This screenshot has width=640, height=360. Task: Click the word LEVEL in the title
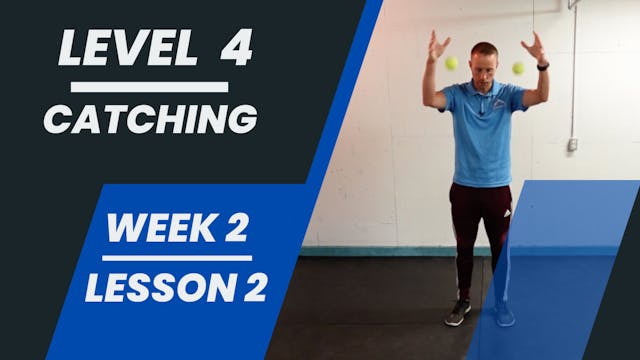click(x=112, y=49)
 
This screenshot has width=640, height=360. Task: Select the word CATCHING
click(x=150, y=119)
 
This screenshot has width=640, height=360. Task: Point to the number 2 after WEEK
click(x=236, y=230)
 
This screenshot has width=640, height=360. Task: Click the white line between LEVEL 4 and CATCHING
click(x=150, y=87)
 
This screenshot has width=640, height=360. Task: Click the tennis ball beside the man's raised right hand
click(x=452, y=63)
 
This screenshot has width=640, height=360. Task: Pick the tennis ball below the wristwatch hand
click(x=518, y=68)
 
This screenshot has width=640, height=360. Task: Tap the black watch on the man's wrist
click(x=541, y=67)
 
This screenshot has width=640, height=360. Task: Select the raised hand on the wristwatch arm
click(x=533, y=45)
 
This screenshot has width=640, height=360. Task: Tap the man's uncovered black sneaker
click(x=457, y=313)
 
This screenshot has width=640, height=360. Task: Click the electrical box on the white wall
click(x=572, y=144)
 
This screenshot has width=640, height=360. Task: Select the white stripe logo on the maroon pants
click(x=504, y=212)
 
